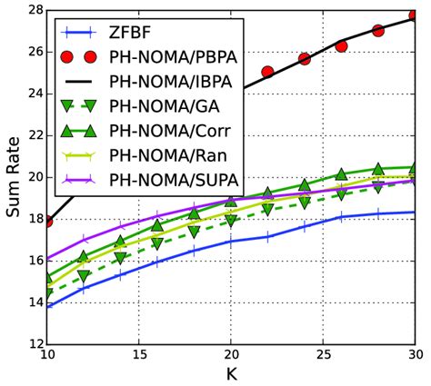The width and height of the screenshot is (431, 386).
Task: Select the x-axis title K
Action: pyautogui.click(x=231, y=374)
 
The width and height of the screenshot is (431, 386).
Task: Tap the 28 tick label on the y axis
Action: pyautogui.click(x=28, y=10)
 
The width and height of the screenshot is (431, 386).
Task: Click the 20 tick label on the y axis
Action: pyautogui.click(x=28, y=177)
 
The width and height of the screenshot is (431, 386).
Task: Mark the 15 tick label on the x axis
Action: pyautogui.click(x=138, y=356)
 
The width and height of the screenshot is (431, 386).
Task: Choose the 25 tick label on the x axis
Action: pyautogui.click(x=323, y=356)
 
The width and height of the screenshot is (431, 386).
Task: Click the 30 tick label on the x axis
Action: pyautogui.click(x=415, y=356)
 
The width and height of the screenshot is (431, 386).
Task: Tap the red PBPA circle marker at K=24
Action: pyautogui.click(x=305, y=58)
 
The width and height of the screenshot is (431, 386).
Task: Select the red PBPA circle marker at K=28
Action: pyautogui.click(x=378, y=30)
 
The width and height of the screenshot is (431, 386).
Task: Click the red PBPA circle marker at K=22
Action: pyautogui.click(x=267, y=72)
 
